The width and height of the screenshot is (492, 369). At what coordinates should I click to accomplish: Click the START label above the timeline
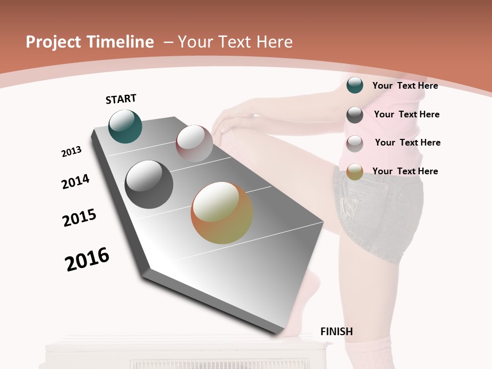121,99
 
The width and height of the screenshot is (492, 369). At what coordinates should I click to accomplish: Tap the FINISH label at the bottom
336,332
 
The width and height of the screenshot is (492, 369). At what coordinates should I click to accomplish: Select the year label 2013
71,152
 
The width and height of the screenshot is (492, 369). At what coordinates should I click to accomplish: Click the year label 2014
75,181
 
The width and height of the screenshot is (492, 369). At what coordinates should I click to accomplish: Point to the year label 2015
79,217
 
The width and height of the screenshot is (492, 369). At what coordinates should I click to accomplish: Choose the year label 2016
87,259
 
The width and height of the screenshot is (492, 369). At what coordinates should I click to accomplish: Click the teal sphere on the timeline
125,126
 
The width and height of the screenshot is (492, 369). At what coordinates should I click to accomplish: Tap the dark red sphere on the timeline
194,143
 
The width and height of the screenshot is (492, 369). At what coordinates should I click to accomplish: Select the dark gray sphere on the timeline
149,184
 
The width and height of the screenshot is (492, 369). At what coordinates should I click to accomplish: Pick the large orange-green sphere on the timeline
221,213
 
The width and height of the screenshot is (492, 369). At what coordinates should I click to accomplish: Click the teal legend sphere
355,85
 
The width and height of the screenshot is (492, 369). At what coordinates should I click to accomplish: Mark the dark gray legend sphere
355,114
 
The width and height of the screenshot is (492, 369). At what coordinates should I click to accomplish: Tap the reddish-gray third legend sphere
355,143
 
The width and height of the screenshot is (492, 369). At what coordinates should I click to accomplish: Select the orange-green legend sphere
355,172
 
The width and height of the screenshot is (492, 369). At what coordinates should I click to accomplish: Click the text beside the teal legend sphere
405,86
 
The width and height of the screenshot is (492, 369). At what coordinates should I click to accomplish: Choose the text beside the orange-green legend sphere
405,171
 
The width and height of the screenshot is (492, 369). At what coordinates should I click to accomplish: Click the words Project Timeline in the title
90,42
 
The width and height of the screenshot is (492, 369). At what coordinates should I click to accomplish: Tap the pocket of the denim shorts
354,205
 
